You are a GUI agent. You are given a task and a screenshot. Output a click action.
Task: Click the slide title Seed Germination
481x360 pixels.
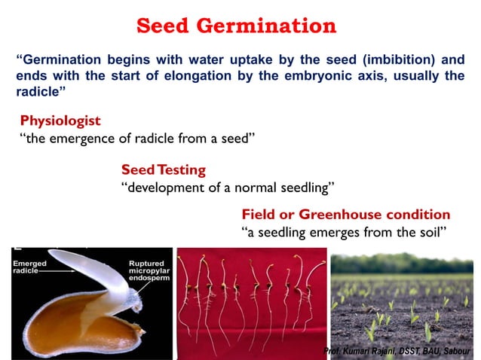[x=236, y=26]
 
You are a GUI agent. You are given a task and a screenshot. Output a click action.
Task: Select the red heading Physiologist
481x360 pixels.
[x=60, y=121]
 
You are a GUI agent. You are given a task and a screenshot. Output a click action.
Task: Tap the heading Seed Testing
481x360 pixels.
[x=163, y=169]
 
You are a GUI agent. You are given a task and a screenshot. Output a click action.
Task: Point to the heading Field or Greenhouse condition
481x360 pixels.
[x=345, y=215]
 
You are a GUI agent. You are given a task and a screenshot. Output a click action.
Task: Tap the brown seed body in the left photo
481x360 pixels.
[x=68, y=324]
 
